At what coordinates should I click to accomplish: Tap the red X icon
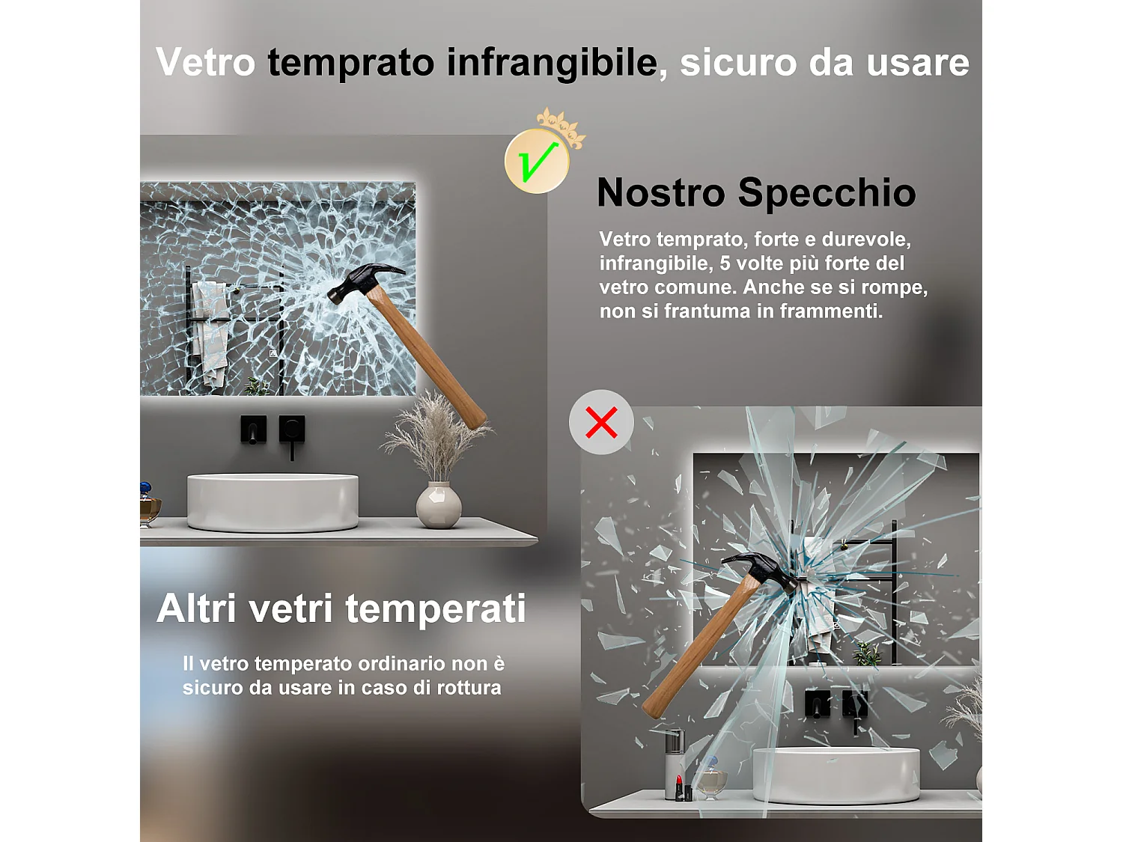[601, 422]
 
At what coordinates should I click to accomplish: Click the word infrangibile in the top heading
[552, 62]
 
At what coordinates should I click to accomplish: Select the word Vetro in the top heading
[206, 62]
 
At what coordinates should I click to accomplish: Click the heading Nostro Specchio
[756, 192]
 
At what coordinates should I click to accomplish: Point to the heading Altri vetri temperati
[341, 608]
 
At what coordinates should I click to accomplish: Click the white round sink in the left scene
[273, 501]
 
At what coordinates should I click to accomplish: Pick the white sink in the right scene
[836, 775]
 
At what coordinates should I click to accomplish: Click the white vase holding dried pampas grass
[439, 505]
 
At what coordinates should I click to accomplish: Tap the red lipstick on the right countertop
[678, 787]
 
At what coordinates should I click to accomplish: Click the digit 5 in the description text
[724, 263]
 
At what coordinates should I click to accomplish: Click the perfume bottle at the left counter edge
[148, 505]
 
